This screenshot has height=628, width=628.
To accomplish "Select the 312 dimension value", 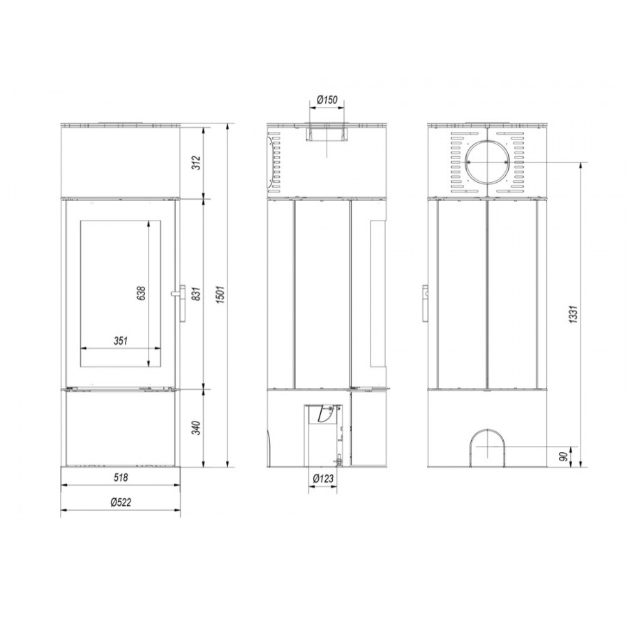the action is tap(196, 162).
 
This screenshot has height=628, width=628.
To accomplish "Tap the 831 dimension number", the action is tap(196, 294).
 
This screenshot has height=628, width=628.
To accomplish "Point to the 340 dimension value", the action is tap(196, 428).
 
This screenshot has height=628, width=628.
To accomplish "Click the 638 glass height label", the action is tap(141, 293).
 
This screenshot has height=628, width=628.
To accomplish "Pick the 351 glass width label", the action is tap(121, 341).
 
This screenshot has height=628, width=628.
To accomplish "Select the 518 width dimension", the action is tap(121, 477).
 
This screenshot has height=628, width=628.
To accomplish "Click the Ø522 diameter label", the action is tap(121, 502).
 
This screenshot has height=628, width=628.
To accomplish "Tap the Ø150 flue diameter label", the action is tap(327, 100).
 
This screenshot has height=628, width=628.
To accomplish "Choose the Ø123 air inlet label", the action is tap(323, 479).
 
